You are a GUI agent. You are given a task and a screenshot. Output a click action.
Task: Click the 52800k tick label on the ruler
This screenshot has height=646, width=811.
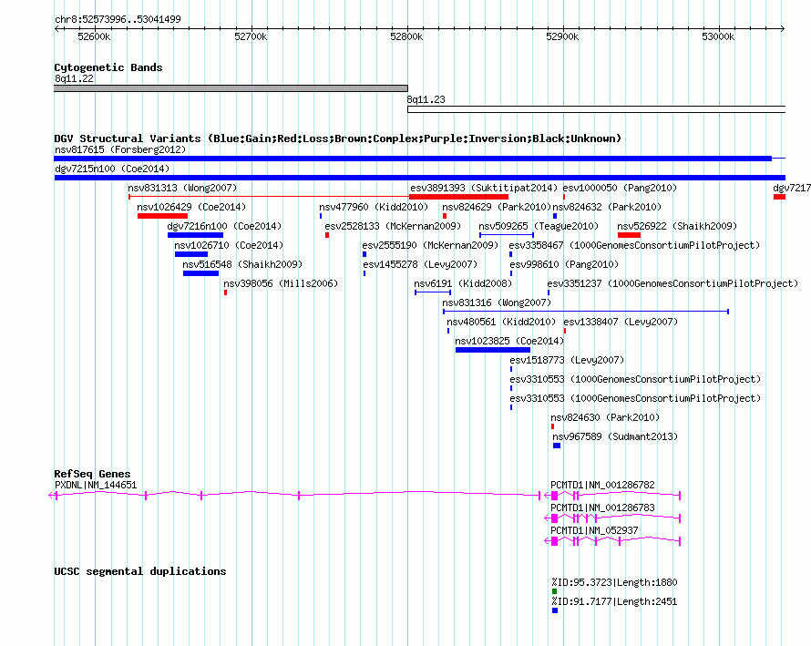(406, 36)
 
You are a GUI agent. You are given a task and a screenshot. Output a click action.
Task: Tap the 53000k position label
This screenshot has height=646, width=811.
(718, 36)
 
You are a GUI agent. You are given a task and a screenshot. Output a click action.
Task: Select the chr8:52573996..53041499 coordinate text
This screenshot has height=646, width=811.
(118, 20)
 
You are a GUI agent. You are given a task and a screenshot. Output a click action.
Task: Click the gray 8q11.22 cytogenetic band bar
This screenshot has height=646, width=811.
(231, 88)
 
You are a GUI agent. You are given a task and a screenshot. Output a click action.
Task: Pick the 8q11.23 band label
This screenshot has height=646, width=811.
(426, 99)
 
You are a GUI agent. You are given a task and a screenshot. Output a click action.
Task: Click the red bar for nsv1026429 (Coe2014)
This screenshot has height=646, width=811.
(162, 216)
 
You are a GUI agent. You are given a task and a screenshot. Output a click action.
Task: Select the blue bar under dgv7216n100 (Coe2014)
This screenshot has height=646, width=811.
(195, 235)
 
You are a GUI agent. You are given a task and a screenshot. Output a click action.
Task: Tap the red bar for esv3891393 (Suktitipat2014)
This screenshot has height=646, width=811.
(458, 197)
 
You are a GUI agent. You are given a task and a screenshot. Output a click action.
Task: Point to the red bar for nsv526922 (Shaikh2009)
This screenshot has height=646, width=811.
(629, 235)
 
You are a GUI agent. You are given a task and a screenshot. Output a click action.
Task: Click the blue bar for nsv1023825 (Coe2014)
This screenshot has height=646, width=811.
(493, 350)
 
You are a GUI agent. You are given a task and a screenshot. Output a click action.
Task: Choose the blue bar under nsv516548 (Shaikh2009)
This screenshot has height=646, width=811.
(200, 273)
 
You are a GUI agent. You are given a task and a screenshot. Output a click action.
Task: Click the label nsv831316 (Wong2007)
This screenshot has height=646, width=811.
(497, 302)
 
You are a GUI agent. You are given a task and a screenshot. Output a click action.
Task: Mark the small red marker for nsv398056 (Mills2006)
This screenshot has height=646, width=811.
(225, 292)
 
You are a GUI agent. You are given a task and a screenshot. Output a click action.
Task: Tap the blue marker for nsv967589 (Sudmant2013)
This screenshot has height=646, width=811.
(557, 446)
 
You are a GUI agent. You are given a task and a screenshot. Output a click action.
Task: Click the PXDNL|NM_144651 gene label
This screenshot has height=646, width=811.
(96, 485)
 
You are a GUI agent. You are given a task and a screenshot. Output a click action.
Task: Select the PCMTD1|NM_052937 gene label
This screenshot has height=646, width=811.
(594, 530)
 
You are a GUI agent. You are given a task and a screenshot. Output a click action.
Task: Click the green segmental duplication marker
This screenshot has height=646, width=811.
(554, 591)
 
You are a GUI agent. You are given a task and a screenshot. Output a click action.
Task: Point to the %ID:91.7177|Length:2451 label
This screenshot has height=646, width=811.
(614, 601)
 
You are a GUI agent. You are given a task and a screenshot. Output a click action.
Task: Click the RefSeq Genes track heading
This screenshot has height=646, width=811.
(92, 474)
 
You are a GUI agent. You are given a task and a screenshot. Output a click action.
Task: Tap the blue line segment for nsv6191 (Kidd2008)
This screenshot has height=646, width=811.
(433, 292)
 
